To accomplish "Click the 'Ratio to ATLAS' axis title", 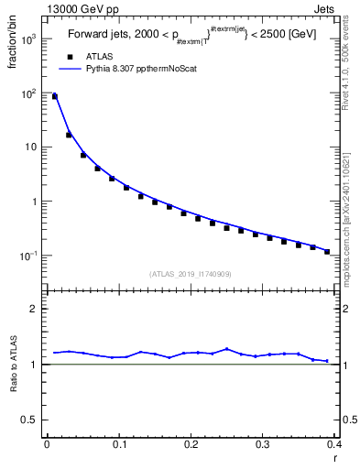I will (12, 364).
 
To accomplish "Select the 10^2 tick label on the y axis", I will (27, 93).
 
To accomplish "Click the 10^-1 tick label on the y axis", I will (27, 255).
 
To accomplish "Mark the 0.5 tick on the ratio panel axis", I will (29, 420).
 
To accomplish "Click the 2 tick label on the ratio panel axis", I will (34, 309).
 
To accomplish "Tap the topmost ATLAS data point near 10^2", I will (54, 96).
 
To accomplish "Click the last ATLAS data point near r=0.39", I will (327, 251).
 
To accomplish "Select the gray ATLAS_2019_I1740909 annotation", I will (191, 273).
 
